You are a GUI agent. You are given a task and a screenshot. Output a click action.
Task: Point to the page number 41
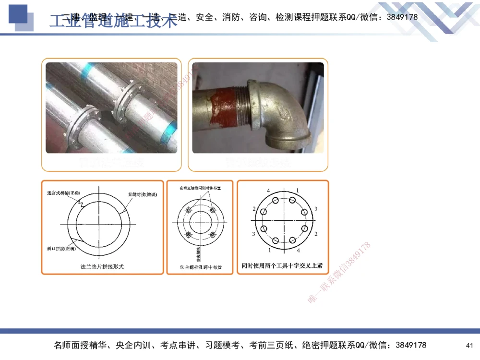[469, 346]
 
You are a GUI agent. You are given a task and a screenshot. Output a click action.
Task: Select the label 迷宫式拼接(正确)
[66, 193]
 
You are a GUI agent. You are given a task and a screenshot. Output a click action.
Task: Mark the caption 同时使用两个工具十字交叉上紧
[282, 265]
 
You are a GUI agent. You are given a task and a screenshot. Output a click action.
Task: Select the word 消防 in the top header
[233, 17]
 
